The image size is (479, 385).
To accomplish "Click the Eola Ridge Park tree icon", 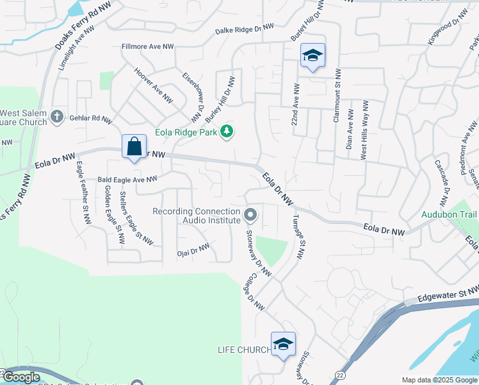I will [x=226, y=132].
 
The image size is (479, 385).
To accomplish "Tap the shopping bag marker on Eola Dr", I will [x=134, y=146].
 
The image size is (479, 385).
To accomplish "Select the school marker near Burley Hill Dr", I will [x=313, y=55].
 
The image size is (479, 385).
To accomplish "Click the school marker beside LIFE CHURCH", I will [x=283, y=344].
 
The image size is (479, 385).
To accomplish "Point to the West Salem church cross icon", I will [x=57, y=116].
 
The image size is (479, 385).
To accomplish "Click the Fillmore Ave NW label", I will [x=148, y=47].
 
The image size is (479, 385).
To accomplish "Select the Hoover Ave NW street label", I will [x=154, y=86].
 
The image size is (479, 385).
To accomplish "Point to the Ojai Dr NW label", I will [x=193, y=250].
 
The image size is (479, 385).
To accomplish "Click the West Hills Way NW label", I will [x=364, y=130].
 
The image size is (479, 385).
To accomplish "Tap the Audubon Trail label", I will [x=449, y=214].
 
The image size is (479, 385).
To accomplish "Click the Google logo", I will [x=20, y=377].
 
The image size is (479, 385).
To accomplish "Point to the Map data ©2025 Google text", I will [x=439, y=380].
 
